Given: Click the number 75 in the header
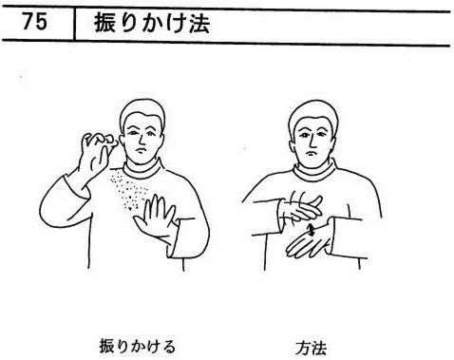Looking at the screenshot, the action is point(34,22).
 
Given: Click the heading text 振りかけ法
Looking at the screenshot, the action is point(152,23).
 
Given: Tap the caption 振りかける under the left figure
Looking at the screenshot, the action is point(138,346).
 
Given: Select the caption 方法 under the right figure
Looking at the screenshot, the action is point(312,348).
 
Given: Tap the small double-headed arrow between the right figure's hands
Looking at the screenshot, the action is point(312,230).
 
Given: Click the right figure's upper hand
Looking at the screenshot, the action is point(302,207).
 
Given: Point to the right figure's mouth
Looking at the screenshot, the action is point(312,154).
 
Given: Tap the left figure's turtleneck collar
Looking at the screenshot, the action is point(142,170).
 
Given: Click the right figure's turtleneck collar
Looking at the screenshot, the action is point(313,173).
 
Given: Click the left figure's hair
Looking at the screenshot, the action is point(142,112).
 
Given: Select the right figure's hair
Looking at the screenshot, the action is point(312,114).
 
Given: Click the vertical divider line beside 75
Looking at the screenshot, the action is point(74,25).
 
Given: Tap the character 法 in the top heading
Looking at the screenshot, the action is point(199,24).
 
